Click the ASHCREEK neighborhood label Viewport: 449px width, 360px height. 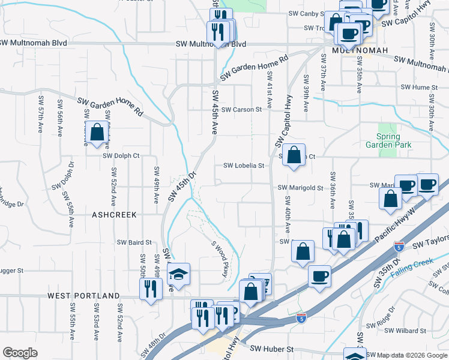tap(114, 214)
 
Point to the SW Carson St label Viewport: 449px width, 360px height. tap(241, 110)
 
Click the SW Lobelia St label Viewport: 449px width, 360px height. tap(244, 166)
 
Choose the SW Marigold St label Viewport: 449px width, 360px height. tap(300, 188)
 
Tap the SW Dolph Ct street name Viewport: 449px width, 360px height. tap(121, 156)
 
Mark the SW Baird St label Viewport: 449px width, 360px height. tap(134, 242)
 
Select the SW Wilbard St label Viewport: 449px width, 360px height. tap(405, 331)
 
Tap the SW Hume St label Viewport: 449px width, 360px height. tap(417, 88)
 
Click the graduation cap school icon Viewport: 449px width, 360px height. tap(178, 275)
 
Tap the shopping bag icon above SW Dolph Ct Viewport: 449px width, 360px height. tap(97, 133)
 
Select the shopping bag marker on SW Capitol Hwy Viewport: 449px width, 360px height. tap(294, 155)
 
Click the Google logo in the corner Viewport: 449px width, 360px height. tap(19, 353)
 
